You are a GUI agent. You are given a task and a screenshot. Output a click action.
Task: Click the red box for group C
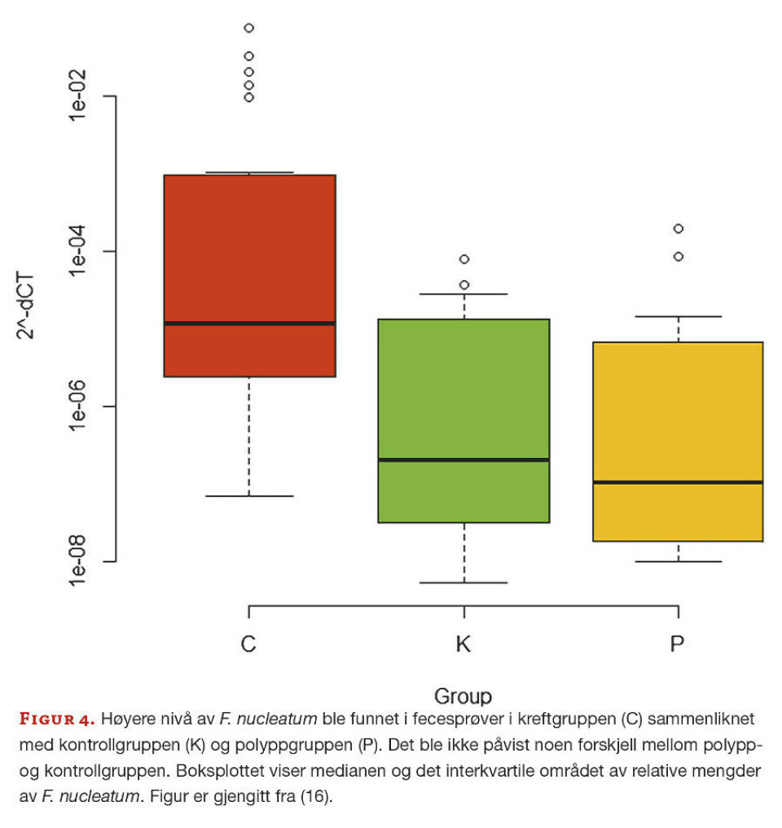click(249, 244)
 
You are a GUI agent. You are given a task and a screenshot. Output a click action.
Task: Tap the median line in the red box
click(249, 324)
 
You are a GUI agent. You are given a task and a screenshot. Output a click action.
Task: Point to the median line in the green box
click(463, 460)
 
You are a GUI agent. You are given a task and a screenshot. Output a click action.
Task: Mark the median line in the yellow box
click(678, 482)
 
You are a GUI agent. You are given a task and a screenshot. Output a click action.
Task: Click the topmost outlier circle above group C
click(249, 28)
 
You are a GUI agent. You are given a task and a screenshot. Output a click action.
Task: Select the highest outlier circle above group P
click(678, 228)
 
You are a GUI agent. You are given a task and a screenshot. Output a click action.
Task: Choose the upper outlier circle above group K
click(464, 259)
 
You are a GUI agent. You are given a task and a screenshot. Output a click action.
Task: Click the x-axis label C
click(248, 645)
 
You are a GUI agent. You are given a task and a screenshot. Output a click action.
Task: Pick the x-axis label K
click(463, 645)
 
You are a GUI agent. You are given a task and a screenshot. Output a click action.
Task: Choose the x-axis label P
click(678, 645)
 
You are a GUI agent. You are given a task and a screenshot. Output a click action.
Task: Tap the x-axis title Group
click(463, 697)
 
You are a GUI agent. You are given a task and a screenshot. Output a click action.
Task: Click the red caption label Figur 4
click(57, 720)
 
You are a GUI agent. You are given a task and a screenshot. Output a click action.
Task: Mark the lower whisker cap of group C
click(249, 495)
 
